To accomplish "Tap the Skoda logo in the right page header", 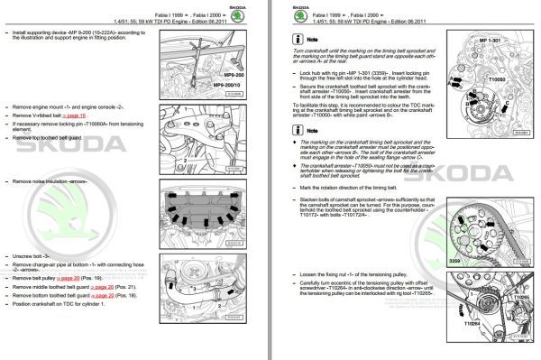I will coord(299,12).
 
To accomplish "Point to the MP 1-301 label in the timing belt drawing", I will coord(491,43).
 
